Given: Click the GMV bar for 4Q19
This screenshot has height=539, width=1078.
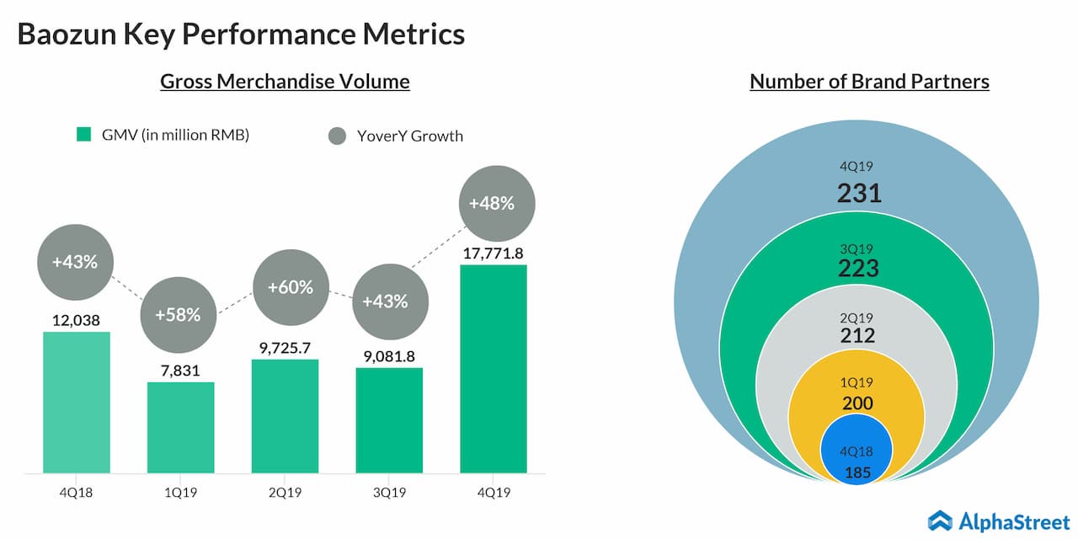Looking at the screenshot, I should click(494, 369).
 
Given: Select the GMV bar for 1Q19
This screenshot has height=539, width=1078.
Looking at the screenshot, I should click(180, 427).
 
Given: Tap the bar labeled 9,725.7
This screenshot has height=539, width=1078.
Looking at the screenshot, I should click(285, 416).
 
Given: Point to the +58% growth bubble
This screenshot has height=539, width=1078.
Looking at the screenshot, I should click(177, 315).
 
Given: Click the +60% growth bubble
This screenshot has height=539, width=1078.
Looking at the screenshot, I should click(290, 287).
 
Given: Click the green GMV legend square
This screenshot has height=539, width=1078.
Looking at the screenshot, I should click(83, 135).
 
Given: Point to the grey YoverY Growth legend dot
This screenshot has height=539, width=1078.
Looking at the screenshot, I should click(338, 136).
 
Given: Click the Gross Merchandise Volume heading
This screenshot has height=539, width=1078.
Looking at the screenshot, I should click(285, 82).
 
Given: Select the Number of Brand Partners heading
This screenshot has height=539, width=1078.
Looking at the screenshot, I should click(869, 82).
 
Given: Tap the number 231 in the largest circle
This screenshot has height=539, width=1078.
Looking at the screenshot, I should click(859, 194).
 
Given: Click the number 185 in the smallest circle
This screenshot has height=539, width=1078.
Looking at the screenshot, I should click(858, 472).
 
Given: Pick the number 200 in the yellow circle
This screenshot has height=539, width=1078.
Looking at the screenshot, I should click(858, 403).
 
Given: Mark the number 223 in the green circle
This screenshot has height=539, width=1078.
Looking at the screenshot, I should click(858, 268).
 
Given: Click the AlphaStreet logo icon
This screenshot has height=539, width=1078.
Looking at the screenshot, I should click(940, 520).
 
